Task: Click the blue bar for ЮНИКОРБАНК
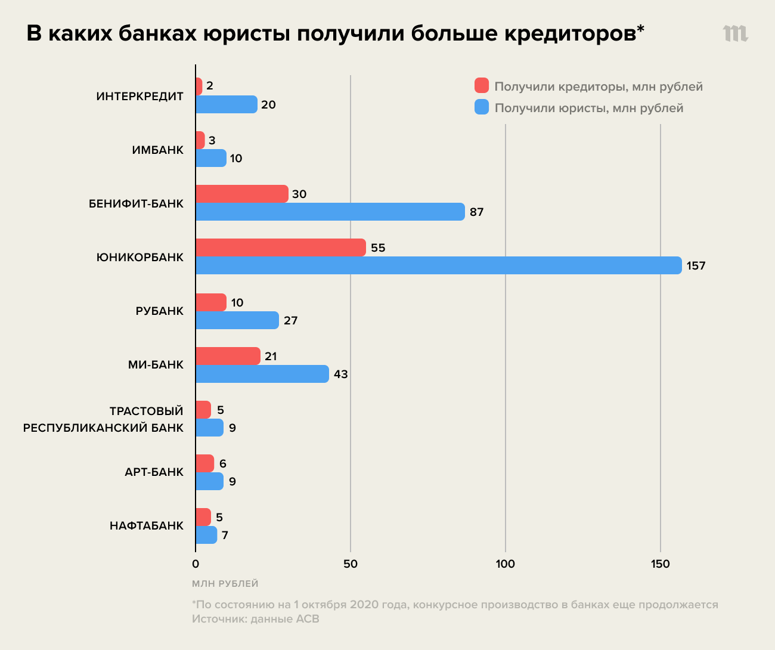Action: (438, 265)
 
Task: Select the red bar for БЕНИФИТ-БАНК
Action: (241, 194)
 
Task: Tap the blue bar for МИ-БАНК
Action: (262, 374)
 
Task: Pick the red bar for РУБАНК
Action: (211, 302)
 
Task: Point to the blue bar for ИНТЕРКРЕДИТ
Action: (226, 104)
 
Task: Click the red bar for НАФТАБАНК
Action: (203, 517)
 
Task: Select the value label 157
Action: (696, 266)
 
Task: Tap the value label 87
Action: (476, 212)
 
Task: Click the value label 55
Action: (378, 248)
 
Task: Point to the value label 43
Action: (340, 374)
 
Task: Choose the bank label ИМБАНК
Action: (157, 150)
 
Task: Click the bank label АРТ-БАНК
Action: (154, 472)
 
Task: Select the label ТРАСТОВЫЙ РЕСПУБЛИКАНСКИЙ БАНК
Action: (103, 419)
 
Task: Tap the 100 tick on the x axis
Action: (505, 564)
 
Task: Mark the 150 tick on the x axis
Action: (660, 564)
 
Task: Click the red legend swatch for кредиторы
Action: (482, 86)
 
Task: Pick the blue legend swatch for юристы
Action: (482, 107)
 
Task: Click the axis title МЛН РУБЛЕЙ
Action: (225, 583)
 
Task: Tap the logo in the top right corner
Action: (736, 33)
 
